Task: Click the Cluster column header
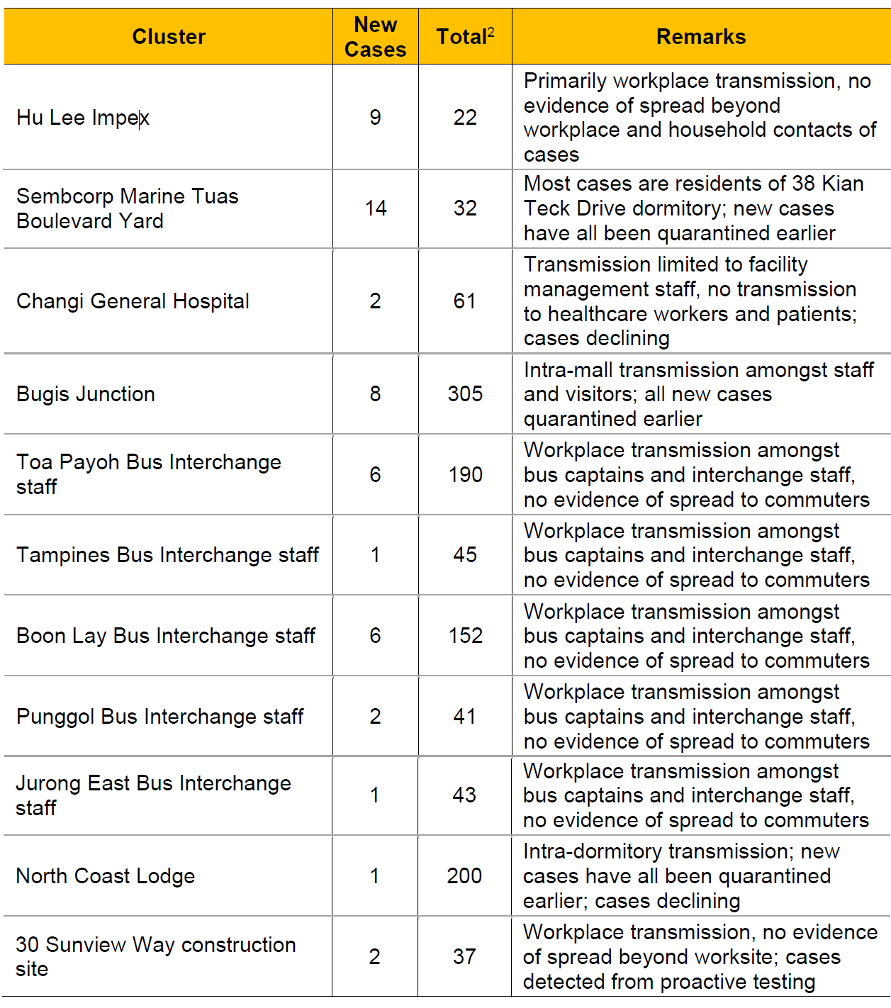(169, 37)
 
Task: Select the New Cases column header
(375, 37)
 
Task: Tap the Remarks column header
(701, 37)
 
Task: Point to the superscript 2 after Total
(491, 32)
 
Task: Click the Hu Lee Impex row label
(83, 118)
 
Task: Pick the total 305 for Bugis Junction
(465, 394)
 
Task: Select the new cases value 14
(375, 208)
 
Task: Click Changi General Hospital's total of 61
(465, 301)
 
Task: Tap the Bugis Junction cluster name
(86, 394)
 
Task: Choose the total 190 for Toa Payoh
(465, 475)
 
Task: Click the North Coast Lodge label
(106, 876)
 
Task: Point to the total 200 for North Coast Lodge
(464, 876)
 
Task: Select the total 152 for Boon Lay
(465, 636)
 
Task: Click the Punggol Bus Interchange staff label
(160, 717)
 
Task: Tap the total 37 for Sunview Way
(464, 957)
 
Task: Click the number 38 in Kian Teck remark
(804, 184)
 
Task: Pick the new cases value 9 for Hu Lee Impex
(375, 118)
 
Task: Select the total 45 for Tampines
(465, 555)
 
